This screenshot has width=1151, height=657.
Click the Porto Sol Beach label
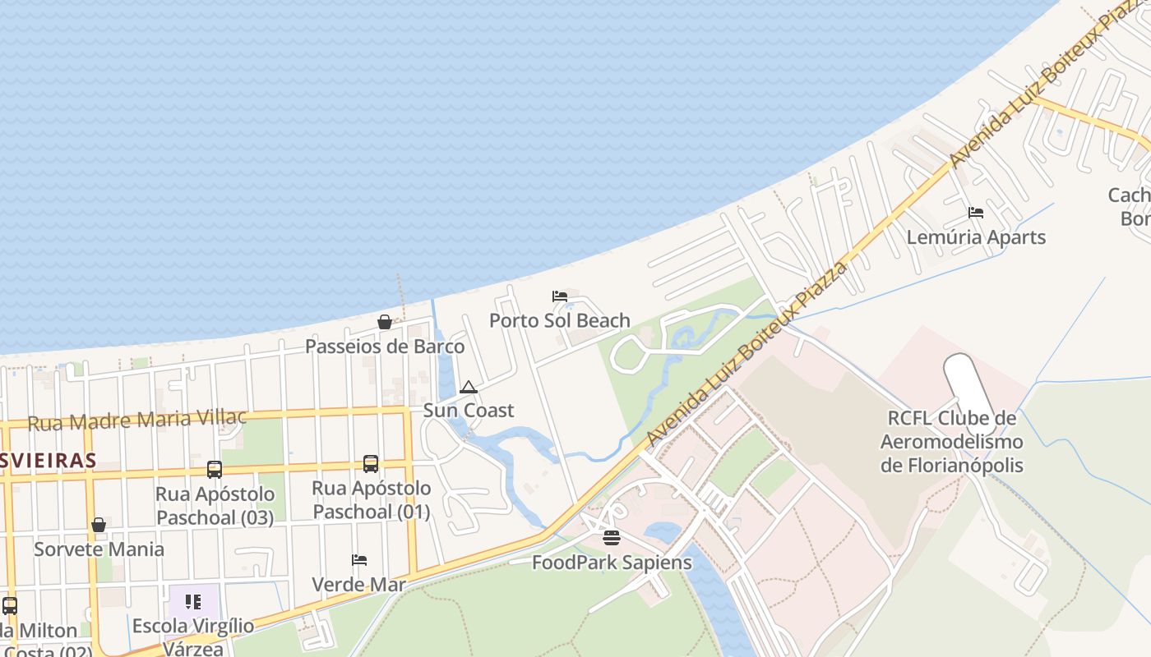560,320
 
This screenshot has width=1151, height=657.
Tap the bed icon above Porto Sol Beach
560,296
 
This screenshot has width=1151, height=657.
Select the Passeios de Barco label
385,347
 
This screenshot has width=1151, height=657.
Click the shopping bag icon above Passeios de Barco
384,322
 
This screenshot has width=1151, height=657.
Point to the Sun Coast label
469,410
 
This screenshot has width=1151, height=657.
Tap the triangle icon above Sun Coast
469,387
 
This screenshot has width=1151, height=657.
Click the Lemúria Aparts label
976,237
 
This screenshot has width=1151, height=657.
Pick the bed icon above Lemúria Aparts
976,213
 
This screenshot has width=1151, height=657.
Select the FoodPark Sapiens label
612,563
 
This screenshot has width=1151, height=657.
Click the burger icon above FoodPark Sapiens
611,538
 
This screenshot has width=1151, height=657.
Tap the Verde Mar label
359,585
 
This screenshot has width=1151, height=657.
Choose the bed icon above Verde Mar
359,560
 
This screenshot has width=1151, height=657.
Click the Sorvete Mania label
99,549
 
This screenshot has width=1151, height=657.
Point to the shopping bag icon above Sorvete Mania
99,525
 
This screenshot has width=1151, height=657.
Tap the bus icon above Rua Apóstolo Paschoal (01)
371,464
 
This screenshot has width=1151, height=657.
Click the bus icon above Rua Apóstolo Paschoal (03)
215,470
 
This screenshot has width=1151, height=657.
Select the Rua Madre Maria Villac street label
136,420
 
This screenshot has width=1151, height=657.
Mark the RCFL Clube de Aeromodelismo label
951,442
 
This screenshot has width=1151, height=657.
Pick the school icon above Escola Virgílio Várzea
193,602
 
